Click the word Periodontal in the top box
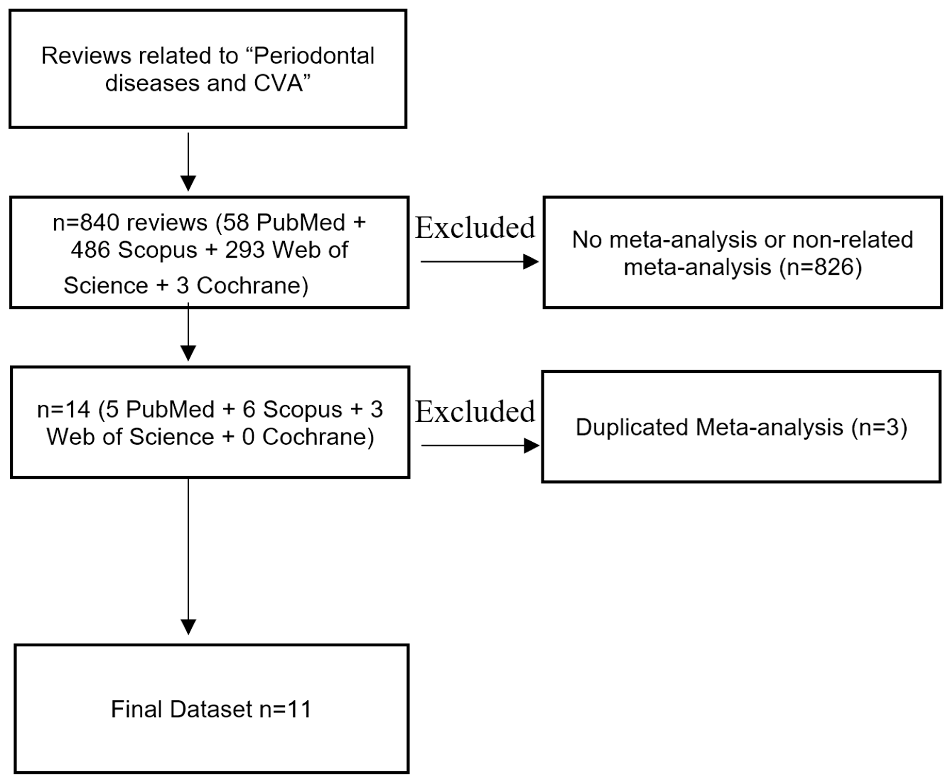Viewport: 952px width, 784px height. coord(314,56)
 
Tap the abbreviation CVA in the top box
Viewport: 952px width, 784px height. coord(279,84)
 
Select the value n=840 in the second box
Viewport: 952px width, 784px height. coord(86,223)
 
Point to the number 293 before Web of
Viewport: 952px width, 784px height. coord(245,250)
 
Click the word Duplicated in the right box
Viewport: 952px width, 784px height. coord(631,427)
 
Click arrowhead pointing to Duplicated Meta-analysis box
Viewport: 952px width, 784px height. coord(531,446)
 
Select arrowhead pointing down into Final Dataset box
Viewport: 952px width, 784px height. coord(188,626)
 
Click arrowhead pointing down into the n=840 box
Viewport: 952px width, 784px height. coord(188,183)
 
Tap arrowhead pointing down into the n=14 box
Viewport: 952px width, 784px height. coord(188,353)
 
